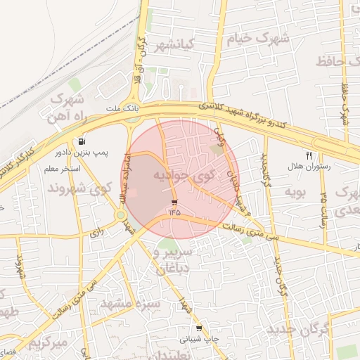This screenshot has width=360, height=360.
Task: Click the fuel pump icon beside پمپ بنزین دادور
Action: (x=83, y=141)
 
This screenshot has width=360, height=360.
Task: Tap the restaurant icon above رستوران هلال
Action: (x=308, y=155)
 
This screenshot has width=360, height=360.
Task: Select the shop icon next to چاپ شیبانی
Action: (x=199, y=328)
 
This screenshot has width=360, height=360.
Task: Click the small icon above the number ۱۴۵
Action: (x=174, y=202)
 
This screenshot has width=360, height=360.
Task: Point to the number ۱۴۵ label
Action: (x=174, y=211)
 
